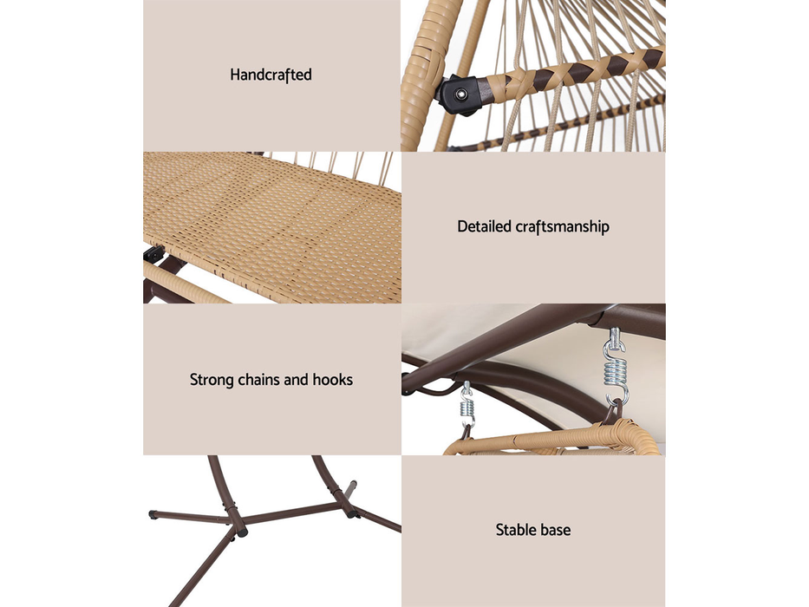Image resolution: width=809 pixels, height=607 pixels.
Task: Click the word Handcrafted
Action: (x=271, y=75)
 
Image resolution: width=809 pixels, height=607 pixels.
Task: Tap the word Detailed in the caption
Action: (x=484, y=226)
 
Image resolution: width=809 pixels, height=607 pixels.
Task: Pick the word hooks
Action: (x=333, y=380)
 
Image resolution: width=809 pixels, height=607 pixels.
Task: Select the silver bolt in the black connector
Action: (x=460, y=95)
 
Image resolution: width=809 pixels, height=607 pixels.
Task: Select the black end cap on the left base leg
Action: (x=153, y=514)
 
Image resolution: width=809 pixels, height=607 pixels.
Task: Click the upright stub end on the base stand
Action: (x=351, y=486)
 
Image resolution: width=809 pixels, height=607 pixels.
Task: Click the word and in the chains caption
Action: (x=297, y=380)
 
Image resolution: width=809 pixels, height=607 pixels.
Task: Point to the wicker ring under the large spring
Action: (x=552, y=440)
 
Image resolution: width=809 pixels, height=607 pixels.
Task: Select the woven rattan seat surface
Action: (x=273, y=227)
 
